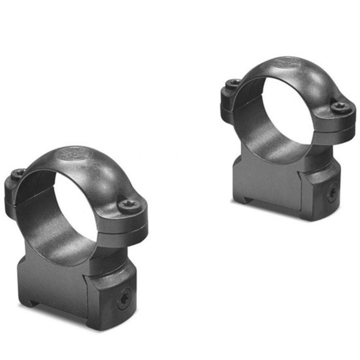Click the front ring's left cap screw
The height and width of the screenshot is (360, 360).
[18, 174]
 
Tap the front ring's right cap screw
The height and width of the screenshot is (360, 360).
[129, 205]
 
